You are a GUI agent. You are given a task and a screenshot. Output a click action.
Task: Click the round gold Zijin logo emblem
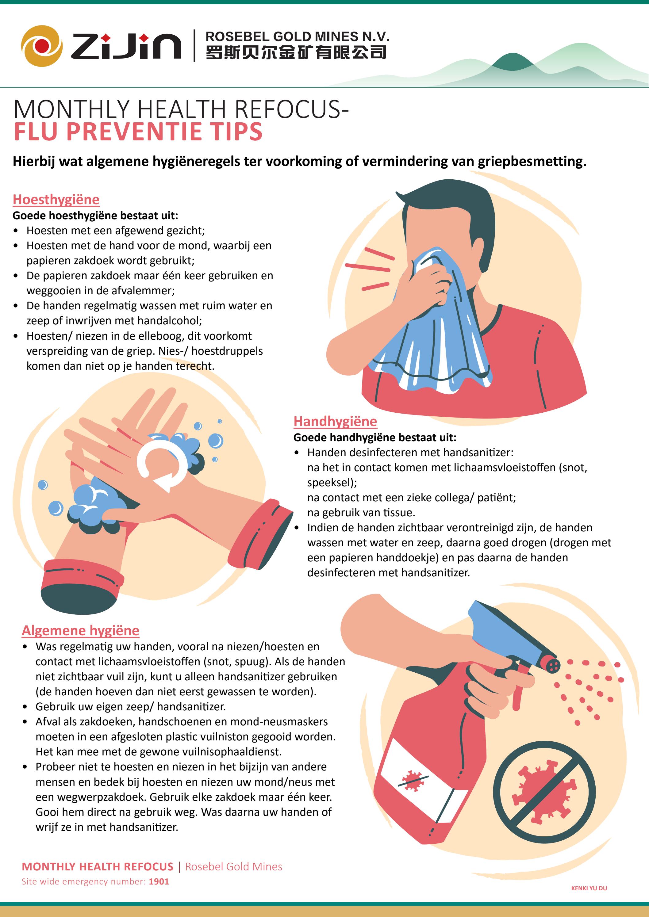(42, 46)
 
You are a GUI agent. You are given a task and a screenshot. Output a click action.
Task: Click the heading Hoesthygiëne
(56, 199)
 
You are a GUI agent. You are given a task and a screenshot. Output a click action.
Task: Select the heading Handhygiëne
(335, 421)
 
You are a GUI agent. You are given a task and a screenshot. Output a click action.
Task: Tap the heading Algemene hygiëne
(80, 630)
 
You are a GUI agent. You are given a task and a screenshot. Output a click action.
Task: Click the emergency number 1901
(159, 881)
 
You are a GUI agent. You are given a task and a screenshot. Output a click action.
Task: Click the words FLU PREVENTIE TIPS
(138, 132)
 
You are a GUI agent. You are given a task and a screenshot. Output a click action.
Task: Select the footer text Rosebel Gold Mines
(233, 866)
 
